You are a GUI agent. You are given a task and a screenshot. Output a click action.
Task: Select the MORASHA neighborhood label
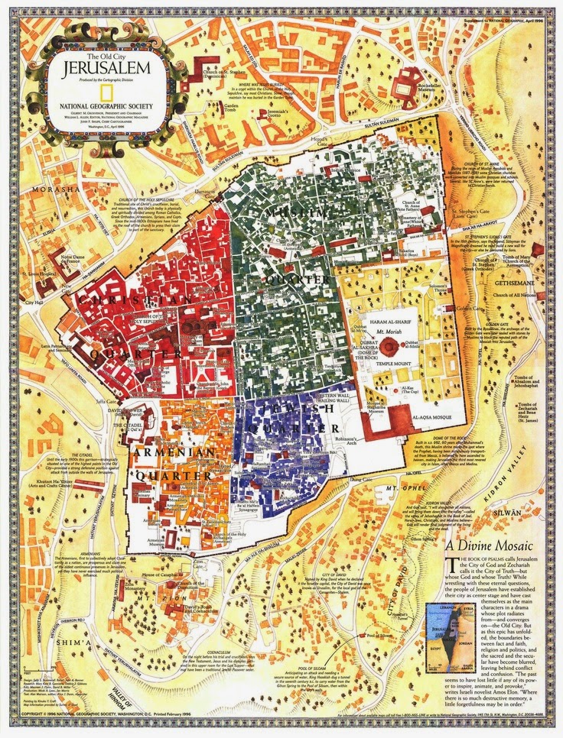point(32,189)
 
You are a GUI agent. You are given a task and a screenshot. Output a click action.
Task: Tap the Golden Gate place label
point(471,308)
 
